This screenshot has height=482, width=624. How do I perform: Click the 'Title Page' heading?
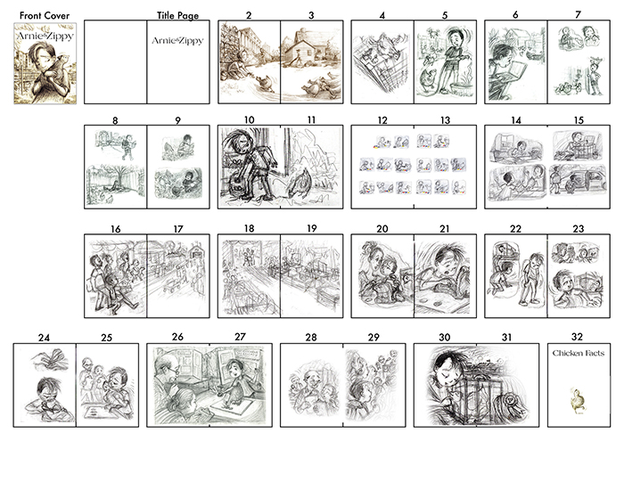click(177, 16)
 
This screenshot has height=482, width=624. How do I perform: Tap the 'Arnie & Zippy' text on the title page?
click(176, 40)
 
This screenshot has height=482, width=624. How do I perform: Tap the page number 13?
click(445, 119)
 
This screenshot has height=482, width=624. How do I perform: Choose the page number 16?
click(116, 229)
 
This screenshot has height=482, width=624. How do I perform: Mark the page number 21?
click(445, 229)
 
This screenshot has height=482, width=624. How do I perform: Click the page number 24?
click(45, 338)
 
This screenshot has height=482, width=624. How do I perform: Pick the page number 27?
click(240, 338)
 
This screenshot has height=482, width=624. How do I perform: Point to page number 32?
click(578, 338)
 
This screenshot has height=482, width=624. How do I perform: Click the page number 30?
click(445, 338)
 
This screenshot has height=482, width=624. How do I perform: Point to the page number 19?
click(311, 229)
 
